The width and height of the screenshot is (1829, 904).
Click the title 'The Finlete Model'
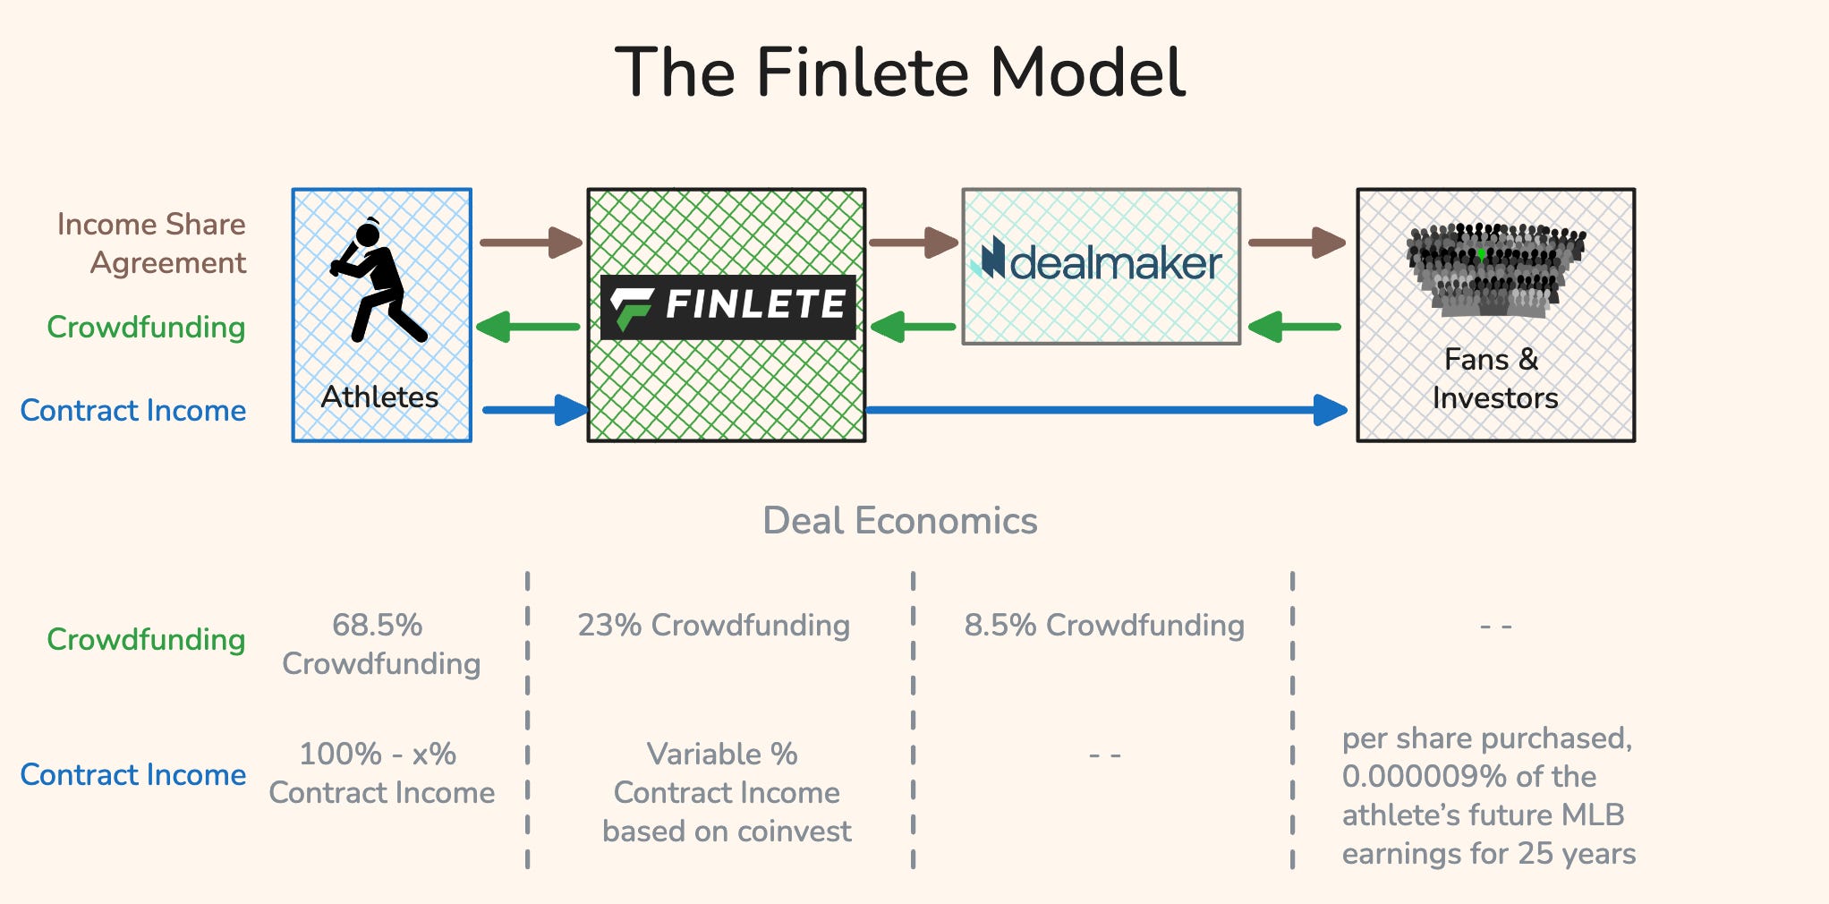pyautogui.click(x=900, y=72)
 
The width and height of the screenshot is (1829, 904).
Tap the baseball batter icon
pyautogui.click(x=378, y=281)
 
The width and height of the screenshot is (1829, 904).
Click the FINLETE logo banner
pyautogui.click(x=727, y=306)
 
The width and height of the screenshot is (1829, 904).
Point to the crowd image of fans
pyautogui.click(x=1494, y=269)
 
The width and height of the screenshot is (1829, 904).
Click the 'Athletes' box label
pyautogui.click(x=380, y=397)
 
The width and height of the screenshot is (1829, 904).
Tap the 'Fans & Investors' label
pyautogui.click(x=1494, y=379)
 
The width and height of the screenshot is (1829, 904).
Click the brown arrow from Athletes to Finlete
pyautogui.click(x=531, y=242)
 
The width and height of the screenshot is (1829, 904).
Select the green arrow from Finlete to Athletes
pyautogui.click(x=529, y=327)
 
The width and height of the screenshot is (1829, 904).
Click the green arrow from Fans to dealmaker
pyautogui.click(x=1295, y=327)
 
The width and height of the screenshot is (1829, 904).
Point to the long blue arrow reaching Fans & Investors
pyautogui.click(x=1106, y=410)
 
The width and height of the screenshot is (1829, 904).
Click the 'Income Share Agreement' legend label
pyautogui.click(x=151, y=243)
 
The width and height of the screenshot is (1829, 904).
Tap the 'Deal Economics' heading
pyautogui.click(x=900, y=520)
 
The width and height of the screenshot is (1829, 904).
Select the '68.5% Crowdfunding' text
pyautogui.click(x=380, y=644)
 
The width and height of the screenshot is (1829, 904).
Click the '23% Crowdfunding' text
pyautogui.click(x=713, y=625)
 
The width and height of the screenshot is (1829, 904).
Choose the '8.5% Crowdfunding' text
pyautogui.click(x=1104, y=625)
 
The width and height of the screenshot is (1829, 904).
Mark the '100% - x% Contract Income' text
pyautogui.click(x=381, y=773)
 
